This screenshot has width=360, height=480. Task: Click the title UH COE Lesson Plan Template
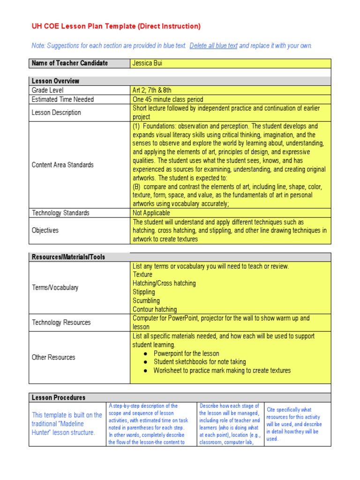pos(116,27)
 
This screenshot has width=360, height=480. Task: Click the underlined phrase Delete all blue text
pos(213,46)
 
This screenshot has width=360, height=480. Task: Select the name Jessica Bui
pos(148,63)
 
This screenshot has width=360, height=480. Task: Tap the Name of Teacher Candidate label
pos(69,63)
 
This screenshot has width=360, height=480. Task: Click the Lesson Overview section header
pos(55,81)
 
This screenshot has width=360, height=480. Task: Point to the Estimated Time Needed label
pos(62,99)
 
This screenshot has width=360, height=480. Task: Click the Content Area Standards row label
pos(62,165)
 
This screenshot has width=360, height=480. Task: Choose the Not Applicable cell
pos(151,213)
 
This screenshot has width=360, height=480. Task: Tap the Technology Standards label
pos(60,213)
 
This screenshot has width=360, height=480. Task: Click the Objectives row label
pos(45,231)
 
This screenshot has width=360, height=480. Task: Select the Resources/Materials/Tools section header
pos(68,257)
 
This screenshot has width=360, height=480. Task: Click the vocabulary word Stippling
pos(144,292)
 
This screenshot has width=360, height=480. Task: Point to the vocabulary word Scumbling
pos(146,301)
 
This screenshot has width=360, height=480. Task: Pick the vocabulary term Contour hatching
pos(155,309)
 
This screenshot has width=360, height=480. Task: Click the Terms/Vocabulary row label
pos(55,288)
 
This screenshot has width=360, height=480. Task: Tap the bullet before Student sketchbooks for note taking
pos(147,362)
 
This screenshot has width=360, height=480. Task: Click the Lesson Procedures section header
pos(58,397)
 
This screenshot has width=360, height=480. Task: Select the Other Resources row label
pos(53,357)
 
